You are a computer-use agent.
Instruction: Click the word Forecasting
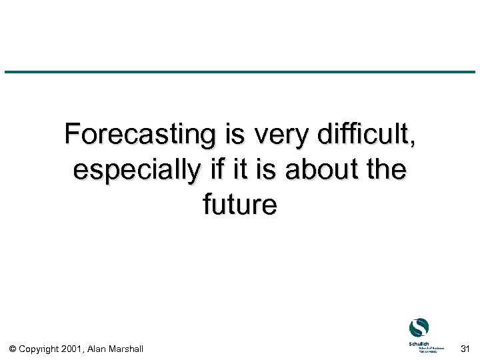coord(141,135)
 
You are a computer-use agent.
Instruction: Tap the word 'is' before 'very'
coord(235,135)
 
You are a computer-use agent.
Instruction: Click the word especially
coord(135,171)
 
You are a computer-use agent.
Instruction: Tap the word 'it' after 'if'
coord(239,170)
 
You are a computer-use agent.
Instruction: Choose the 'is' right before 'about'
coord(265,170)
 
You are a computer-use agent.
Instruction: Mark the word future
coord(240,205)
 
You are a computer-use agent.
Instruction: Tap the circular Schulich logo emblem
coord(419,327)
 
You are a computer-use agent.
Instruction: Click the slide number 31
coord(465,348)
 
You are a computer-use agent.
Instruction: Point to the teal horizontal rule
coord(240,72)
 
